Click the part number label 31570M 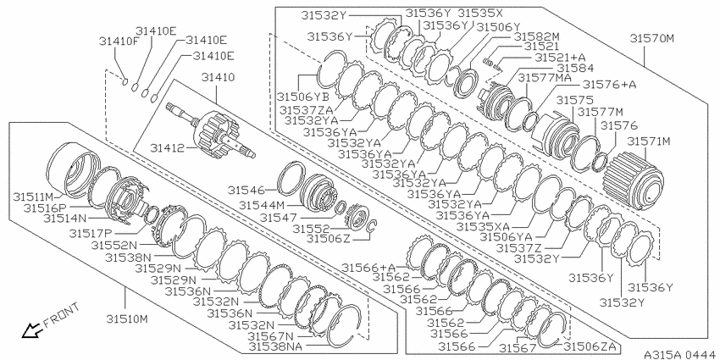(651, 39)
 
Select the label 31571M (649, 141)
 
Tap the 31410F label (119, 42)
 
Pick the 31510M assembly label (128, 318)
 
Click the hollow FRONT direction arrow (31, 330)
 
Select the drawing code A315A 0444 (681, 354)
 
